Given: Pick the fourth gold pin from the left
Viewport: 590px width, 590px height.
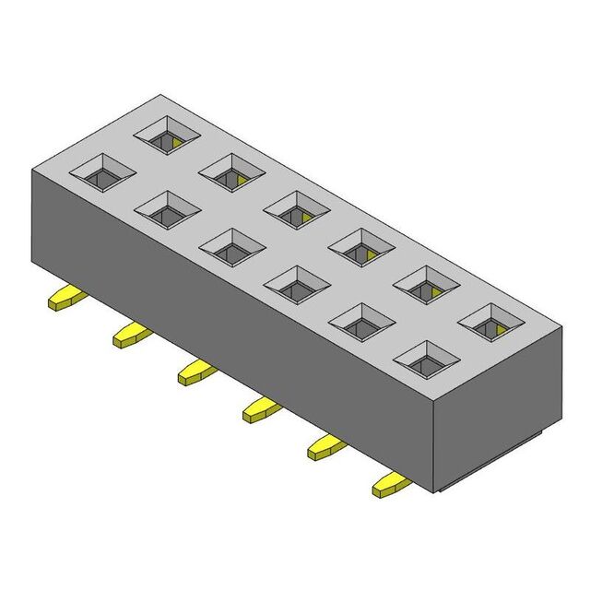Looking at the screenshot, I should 261,408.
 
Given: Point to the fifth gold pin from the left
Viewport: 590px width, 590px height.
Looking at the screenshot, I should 326,446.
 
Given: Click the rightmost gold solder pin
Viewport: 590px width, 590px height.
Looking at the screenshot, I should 391,483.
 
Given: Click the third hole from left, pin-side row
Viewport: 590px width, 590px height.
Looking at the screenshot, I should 232,246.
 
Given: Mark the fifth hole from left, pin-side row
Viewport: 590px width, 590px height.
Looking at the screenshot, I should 361,321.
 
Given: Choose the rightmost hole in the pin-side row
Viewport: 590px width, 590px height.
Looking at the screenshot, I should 426,359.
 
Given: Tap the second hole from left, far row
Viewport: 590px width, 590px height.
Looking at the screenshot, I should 231,171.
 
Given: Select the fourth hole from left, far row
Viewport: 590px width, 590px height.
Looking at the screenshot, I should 360,246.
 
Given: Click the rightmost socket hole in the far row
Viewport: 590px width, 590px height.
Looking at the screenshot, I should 490,321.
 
